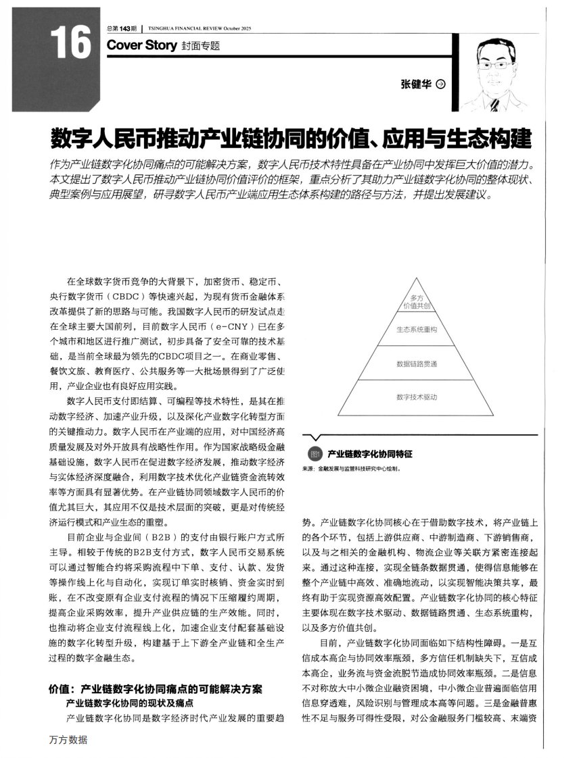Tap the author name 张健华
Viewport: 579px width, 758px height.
point(416,84)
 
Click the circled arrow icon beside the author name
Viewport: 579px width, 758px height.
point(441,84)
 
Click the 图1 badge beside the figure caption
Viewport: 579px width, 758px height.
point(314,453)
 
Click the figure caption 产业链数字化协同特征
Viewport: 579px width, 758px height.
point(370,453)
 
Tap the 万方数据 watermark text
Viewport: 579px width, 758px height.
point(68,740)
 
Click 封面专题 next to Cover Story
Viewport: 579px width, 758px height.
point(201,46)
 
